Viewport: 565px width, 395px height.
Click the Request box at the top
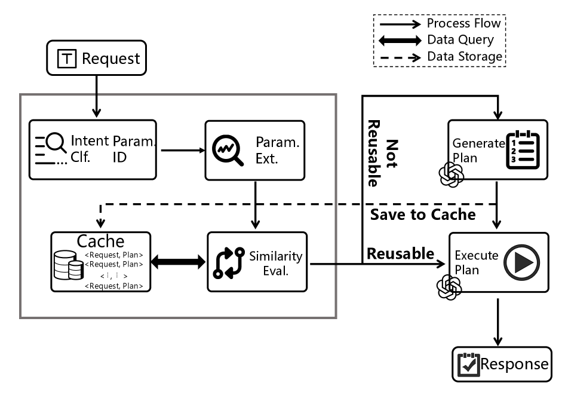tap(97, 59)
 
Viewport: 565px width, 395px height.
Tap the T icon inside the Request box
tap(66, 59)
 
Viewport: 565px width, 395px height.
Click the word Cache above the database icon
tap(100, 241)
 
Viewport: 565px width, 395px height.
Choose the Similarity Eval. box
tap(257, 262)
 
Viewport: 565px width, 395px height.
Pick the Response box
tap(500, 364)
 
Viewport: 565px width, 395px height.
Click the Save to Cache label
tap(423, 215)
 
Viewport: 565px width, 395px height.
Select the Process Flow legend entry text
tap(463, 24)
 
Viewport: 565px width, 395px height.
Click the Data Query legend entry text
tap(460, 40)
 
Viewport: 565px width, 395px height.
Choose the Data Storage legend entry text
tap(465, 57)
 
